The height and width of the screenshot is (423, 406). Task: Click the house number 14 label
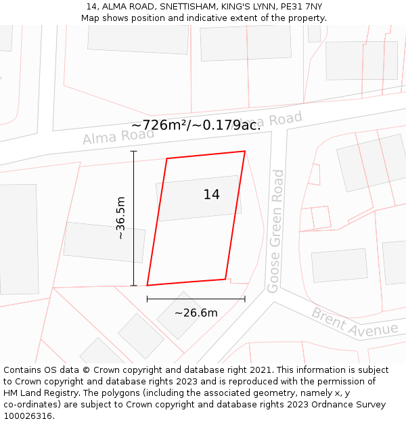point(211,195)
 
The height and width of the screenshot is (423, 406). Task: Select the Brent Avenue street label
point(355,324)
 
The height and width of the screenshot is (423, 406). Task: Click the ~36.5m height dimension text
point(120,218)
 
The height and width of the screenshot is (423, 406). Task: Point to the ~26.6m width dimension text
point(196,313)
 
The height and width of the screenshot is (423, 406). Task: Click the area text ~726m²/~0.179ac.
point(196,125)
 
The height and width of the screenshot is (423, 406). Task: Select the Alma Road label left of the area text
point(118,136)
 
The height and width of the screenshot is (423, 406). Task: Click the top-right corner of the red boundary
point(244,151)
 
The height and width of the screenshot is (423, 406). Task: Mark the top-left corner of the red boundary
point(166,159)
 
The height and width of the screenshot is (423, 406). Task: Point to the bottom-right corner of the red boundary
point(225,279)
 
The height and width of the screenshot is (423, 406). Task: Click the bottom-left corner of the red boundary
point(147,286)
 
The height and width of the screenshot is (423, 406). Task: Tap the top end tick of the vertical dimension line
point(134,151)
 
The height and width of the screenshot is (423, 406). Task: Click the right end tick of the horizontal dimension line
point(245,298)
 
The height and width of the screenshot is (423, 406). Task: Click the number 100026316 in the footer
point(28,416)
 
